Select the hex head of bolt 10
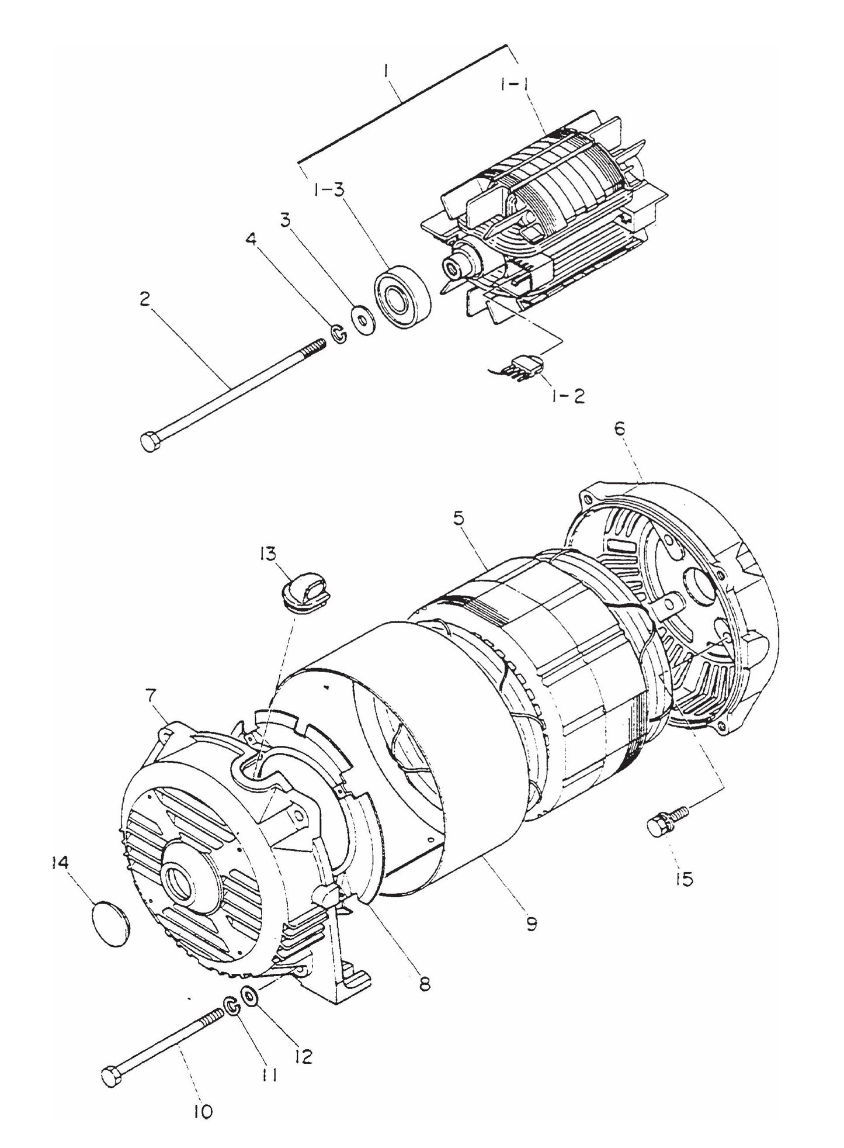109,1076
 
